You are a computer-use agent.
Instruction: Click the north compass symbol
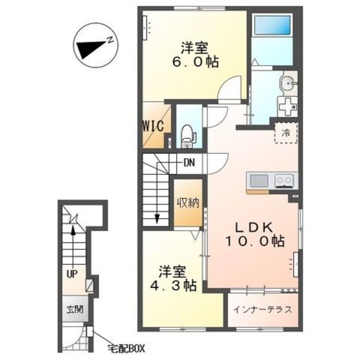coord(95,45)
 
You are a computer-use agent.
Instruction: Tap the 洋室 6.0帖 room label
coord(195,55)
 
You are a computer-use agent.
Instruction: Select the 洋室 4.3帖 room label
coord(173,278)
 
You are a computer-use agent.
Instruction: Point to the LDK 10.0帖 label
coord(255,235)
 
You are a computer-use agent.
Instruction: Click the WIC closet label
coord(154,126)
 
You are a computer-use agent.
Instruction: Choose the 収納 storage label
coord(188,202)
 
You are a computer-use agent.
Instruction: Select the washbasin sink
coord(289,83)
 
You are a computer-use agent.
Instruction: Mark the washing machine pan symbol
coord(287,106)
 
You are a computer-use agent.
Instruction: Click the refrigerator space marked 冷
coord(286,133)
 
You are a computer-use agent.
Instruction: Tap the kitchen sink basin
coord(259,181)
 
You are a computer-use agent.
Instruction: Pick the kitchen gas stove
coord(285,181)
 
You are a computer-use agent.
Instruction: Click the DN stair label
coord(190,163)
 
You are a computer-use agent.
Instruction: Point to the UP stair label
coord(73,274)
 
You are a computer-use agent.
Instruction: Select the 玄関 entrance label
coord(75,310)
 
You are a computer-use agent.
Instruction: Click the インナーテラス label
coord(263,310)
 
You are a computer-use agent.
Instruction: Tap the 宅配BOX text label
coord(126,349)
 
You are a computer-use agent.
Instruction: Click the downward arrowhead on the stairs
coord(157,219)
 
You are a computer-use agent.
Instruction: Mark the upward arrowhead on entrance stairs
coord(73,230)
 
